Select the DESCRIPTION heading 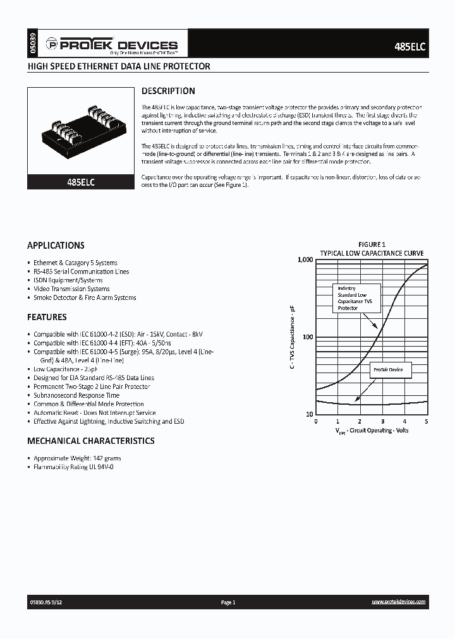(x=167, y=91)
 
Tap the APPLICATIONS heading (x=56, y=245)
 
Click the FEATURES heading (x=47, y=317)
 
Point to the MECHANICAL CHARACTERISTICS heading (x=90, y=441)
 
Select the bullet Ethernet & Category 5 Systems (x=75, y=263)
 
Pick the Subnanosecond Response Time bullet (x=76, y=395)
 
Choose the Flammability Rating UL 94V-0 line (x=73, y=467)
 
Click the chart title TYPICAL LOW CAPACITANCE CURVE (x=372, y=253)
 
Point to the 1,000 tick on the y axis (x=305, y=260)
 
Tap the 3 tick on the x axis (x=382, y=421)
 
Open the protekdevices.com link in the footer (x=398, y=603)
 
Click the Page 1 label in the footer (x=227, y=603)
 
